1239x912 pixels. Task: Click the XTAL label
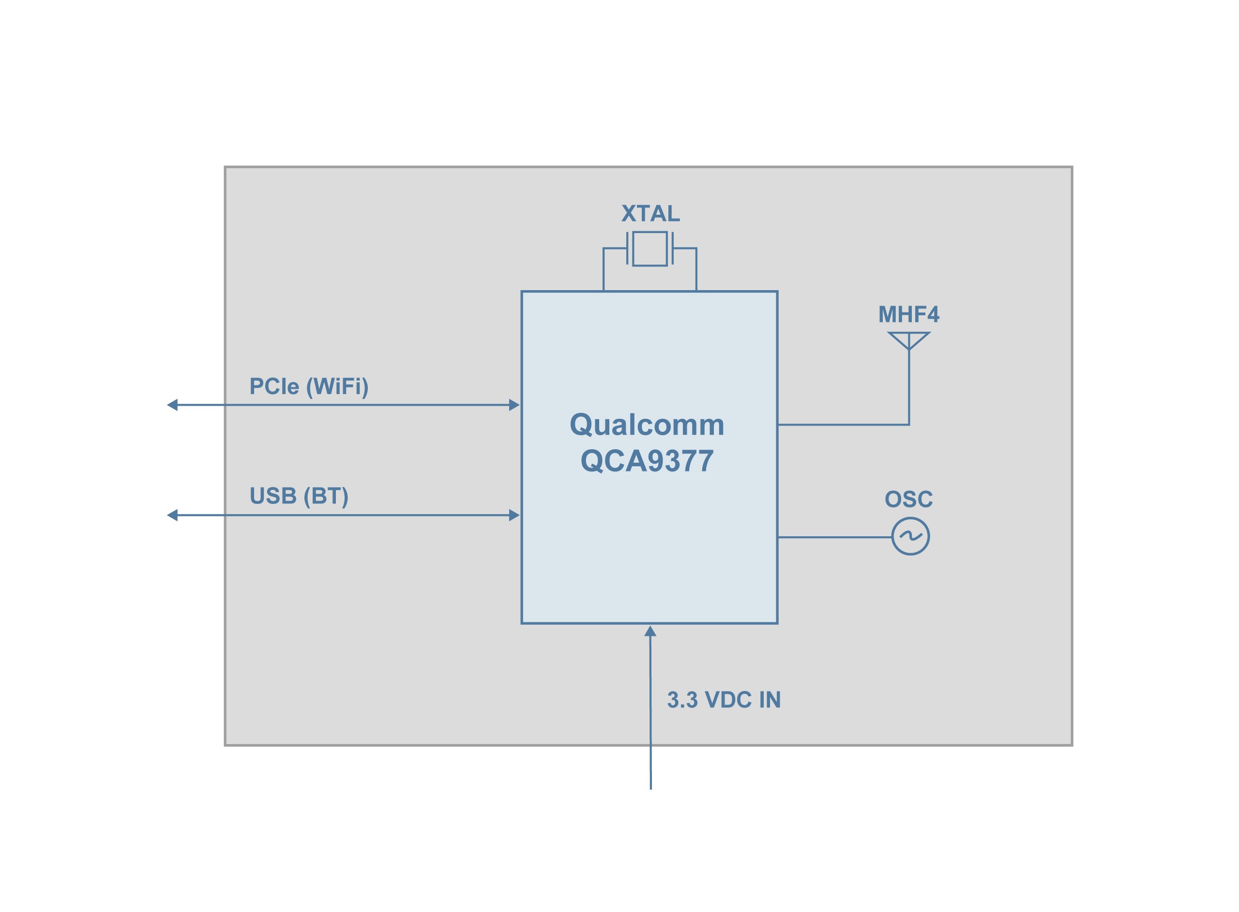tap(650, 214)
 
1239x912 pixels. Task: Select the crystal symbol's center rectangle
tap(650, 249)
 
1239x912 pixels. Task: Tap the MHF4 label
tap(908, 315)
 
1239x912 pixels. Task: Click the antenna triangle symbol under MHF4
tap(908, 339)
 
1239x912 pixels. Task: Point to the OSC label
tap(908, 500)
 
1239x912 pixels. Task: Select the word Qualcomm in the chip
tap(647, 425)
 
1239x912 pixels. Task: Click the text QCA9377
tap(647, 461)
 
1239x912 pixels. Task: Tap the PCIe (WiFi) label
tap(309, 386)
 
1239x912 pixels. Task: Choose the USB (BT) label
tap(299, 496)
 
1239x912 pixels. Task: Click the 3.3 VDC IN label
tap(724, 700)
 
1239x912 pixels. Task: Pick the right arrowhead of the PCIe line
tap(514, 405)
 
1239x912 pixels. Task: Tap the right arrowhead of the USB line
tap(514, 515)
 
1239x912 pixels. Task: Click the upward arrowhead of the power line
tap(650, 632)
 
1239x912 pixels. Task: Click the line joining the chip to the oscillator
tap(834, 537)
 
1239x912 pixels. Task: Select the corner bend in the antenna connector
tap(908, 425)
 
